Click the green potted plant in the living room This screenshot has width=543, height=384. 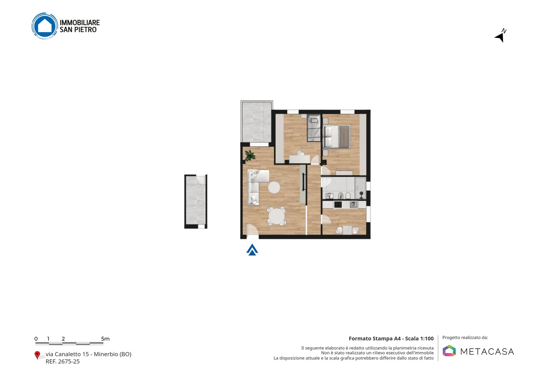[x=250, y=155]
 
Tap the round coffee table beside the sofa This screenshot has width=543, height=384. [x=274, y=187]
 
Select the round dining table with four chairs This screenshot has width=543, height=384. [x=277, y=216]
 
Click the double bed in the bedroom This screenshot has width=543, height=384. [x=336, y=137]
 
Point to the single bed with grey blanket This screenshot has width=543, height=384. [x=314, y=128]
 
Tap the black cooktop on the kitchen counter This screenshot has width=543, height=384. [x=338, y=204]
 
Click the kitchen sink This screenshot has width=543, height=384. [x=353, y=204]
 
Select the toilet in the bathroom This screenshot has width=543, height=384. [x=348, y=195]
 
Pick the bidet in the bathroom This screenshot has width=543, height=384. [x=341, y=195]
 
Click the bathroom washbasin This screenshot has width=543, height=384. [x=330, y=195]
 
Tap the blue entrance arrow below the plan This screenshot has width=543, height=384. [x=252, y=250]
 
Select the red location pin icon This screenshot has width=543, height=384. [x=37, y=355]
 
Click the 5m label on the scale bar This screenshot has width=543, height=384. [x=105, y=339]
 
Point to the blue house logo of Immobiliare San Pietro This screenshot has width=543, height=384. [x=45, y=26]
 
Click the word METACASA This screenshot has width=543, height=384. [x=487, y=352]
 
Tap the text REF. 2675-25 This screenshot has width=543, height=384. [x=63, y=361]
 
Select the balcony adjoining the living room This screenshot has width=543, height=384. [x=256, y=122]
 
